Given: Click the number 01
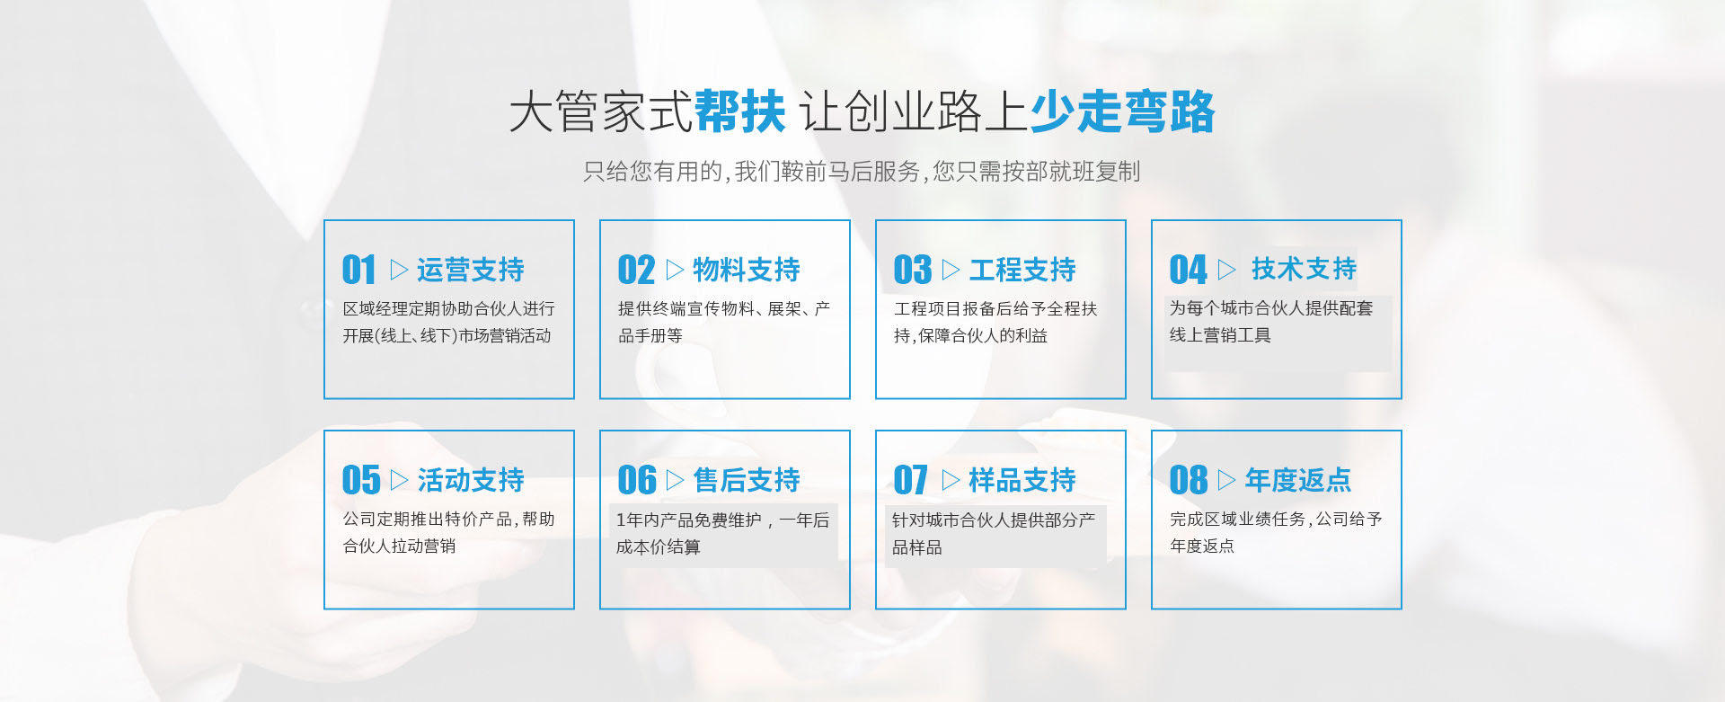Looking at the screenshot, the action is [x=358, y=270].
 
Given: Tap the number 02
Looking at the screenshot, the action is [x=636, y=270].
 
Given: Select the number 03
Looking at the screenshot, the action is [x=912, y=270].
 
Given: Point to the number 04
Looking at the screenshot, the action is [x=1188, y=270].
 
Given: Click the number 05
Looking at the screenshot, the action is [x=361, y=480].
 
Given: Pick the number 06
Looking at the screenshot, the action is [x=637, y=480].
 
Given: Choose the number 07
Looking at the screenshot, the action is [x=910, y=480].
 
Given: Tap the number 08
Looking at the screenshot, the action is [x=1189, y=480].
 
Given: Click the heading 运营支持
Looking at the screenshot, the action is [x=470, y=270].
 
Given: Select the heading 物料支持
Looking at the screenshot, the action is [x=746, y=270].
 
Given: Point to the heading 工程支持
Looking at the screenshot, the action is [x=1022, y=270].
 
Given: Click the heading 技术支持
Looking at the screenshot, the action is [x=1304, y=269].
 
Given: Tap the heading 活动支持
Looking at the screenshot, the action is [x=470, y=480].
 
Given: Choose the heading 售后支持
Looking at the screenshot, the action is [x=746, y=480].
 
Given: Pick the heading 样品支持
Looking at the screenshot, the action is [x=1022, y=480].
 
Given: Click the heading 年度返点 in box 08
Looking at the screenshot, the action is [x=1297, y=480].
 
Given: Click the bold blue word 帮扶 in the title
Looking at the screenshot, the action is [x=739, y=112].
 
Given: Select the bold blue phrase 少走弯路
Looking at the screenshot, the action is [x=1122, y=112].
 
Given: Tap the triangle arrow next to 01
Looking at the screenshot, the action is [x=399, y=270].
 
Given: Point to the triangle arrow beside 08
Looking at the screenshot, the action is [x=1226, y=480].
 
